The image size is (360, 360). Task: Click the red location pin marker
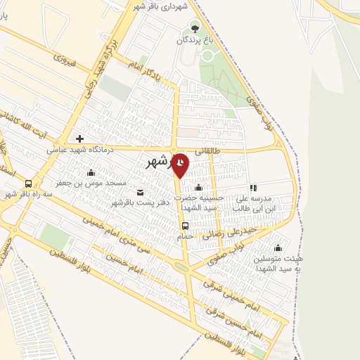[x=181, y=165]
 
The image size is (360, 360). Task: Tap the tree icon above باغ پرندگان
[x=195, y=29]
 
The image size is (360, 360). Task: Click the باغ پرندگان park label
[x=195, y=41]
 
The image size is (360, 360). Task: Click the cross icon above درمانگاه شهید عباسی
[x=79, y=139]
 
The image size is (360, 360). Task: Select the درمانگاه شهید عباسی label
[x=80, y=149]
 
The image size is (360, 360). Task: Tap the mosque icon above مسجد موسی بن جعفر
[x=90, y=173]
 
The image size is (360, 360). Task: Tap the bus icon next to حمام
[x=185, y=226]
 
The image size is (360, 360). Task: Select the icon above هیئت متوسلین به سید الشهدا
[x=278, y=247]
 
